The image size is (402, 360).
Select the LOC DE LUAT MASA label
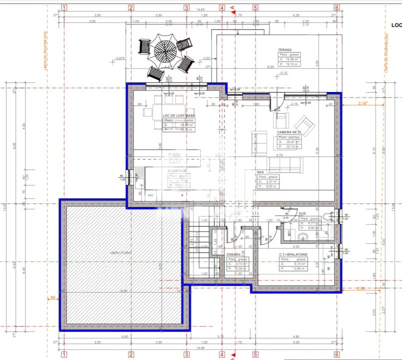(x=179, y=115)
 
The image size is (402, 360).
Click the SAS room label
(x=260, y=171)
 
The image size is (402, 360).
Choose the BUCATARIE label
(x=177, y=171)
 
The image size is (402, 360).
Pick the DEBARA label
(x=232, y=254)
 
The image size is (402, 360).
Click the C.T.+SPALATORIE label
(x=293, y=254)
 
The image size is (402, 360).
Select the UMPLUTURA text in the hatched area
(x=121, y=253)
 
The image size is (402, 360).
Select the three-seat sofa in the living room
(x=285, y=164)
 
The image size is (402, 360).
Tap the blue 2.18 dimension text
(x=363, y=103)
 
